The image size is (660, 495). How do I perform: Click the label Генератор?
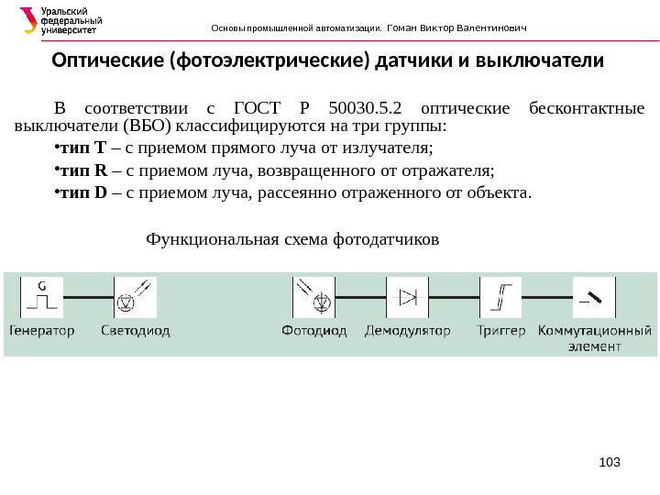pos(42,330)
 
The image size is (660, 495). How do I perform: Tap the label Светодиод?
pos(135,330)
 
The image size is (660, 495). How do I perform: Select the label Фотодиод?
pos(314,330)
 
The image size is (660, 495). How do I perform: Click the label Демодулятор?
pos(408,330)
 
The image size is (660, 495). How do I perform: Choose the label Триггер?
pos(500,330)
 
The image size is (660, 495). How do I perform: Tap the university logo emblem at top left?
pos(28,20)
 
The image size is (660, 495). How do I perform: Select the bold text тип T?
pos(83,148)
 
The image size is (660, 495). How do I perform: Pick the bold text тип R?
pos(84,170)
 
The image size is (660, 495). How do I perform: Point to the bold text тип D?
pos(84,193)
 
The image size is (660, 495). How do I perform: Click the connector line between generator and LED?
pos(88,297)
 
